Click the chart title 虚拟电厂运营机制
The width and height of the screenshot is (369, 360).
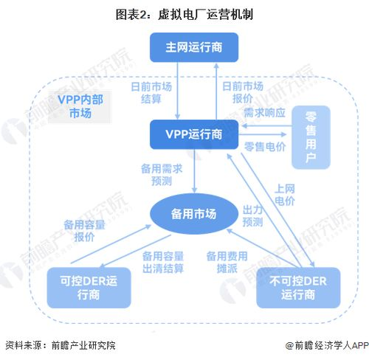[x=184, y=14]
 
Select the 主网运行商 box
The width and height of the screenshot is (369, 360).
[x=195, y=47]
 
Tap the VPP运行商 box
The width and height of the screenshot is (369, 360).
[x=194, y=135]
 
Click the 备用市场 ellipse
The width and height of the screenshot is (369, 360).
[x=194, y=214]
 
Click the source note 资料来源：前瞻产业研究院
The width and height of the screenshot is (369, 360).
[x=61, y=345]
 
